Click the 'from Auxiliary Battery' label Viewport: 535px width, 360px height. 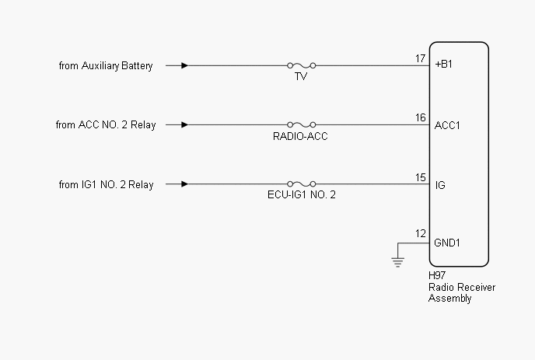click(x=105, y=66)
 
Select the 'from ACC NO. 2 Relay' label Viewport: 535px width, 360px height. click(x=106, y=124)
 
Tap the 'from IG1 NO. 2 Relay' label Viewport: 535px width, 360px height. click(x=106, y=184)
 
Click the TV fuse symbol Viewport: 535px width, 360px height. click(x=301, y=66)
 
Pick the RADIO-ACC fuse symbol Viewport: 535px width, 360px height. click(x=301, y=124)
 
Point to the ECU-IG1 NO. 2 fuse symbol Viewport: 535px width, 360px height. click(x=301, y=184)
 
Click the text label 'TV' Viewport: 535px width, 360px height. click(x=301, y=77)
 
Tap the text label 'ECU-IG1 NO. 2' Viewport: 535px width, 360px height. click(x=301, y=195)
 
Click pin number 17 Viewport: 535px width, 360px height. click(x=420, y=58)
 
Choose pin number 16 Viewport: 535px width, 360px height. click(x=420, y=117)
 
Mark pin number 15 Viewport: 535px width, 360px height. click(x=420, y=177)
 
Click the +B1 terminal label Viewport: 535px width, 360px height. click(x=444, y=65)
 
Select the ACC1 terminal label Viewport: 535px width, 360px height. click(x=447, y=125)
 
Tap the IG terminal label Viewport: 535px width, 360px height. click(x=440, y=185)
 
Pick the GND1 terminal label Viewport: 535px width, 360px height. click(x=448, y=243)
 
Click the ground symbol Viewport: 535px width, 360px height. click(x=398, y=261)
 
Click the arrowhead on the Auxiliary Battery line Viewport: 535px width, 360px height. click(x=184, y=66)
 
